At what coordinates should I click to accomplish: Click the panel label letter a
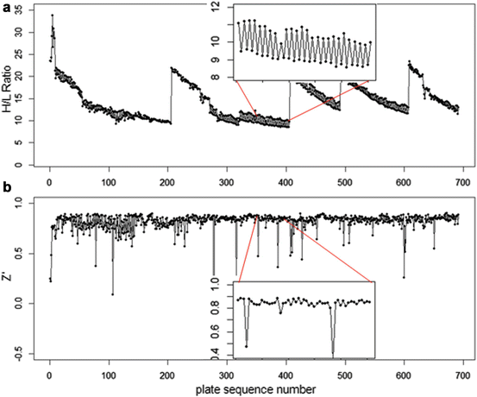6,8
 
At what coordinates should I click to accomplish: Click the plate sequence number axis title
254,388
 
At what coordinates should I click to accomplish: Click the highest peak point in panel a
52,15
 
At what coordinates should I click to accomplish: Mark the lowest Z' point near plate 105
112,294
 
